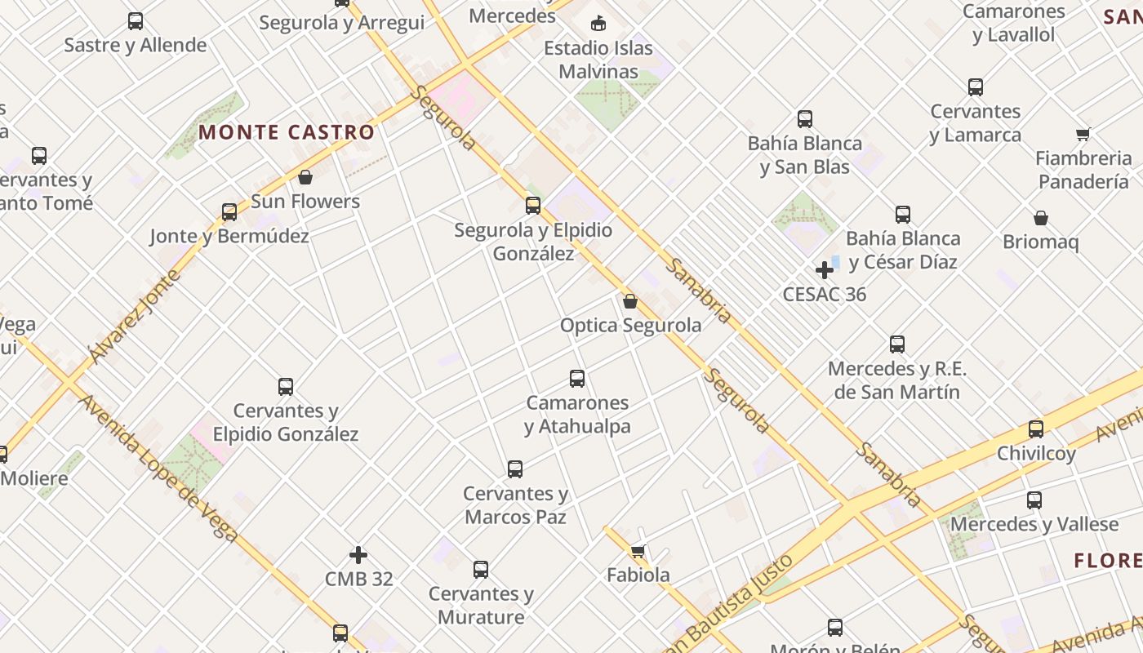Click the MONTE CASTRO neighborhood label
[x=287, y=132]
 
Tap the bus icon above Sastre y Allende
[x=136, y=21]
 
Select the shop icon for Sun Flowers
[x=305, y=177]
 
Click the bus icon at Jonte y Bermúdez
[x=229, y=212]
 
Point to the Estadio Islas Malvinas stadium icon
[x=598, y=23]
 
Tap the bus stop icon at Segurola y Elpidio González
[x=533, y=206]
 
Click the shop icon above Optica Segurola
[x=630, y=301]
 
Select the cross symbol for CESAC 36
[x=825, y=270]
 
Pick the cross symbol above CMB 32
[x=358, y=555]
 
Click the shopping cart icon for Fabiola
[x=638, y=551]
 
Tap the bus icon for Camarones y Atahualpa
[x=577, y=379]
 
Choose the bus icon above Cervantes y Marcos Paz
[x=515, y=469]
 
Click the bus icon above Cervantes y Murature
[x=481, y=570]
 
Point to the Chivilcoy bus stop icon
[x=1036, y=429]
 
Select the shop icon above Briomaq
[x=1041, y=218]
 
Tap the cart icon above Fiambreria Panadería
[x=1083, y=135]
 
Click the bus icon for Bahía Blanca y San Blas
[x=805, y=119]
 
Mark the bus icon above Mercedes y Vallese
[x=1034, y=500]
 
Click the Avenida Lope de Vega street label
[x=158, y=469]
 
